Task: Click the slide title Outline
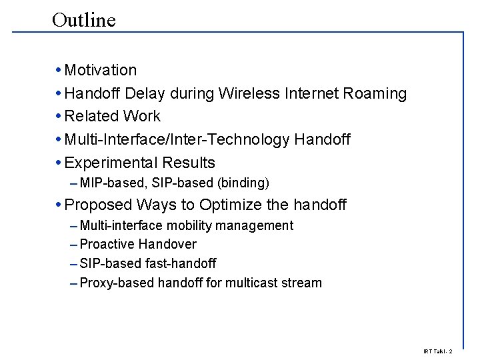click(x=83, y=20)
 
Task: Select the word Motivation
click(x=101, y=70)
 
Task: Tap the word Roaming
click(x=375, y=93)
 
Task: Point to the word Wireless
click(x=246, y=93)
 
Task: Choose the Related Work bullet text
click(x=113, y=116)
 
